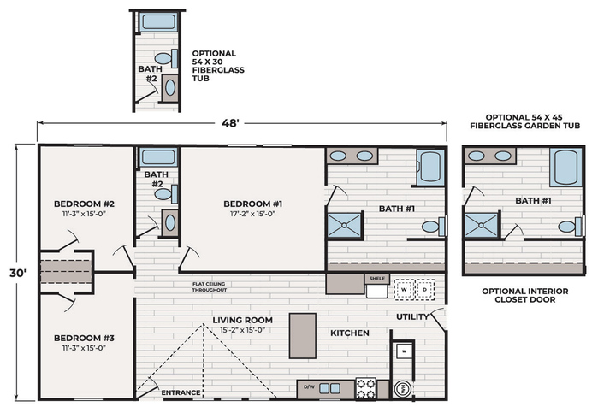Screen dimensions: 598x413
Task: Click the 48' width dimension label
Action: [230, 123]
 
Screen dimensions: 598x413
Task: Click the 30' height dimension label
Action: [18, 273]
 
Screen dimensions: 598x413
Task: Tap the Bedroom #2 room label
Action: [85, 204]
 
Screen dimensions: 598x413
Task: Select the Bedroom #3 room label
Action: [85, 338]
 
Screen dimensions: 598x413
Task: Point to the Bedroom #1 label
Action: [253, 204]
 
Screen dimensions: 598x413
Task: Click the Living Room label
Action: [243, 320]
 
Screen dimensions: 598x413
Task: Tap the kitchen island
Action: [303, 336]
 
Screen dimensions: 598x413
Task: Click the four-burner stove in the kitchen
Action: [366, 388]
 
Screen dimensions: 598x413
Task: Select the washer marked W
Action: [404, 290]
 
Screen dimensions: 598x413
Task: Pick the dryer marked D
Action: [425, 290]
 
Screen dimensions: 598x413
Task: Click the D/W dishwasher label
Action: [310, 387]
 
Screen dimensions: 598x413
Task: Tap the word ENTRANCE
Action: [181, 392]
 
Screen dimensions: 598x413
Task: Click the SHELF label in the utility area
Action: [376, 279]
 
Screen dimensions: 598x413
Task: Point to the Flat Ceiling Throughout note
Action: [210, 286]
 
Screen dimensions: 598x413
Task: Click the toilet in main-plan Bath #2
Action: [167, 194]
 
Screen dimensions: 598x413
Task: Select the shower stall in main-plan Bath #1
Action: [345, 226]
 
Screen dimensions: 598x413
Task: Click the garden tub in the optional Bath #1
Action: [566, 168]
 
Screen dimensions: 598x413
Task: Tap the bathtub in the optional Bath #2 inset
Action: [158, 21]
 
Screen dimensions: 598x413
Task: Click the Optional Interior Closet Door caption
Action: [524, 295]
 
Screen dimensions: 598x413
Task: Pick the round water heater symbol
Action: [403, 389]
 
